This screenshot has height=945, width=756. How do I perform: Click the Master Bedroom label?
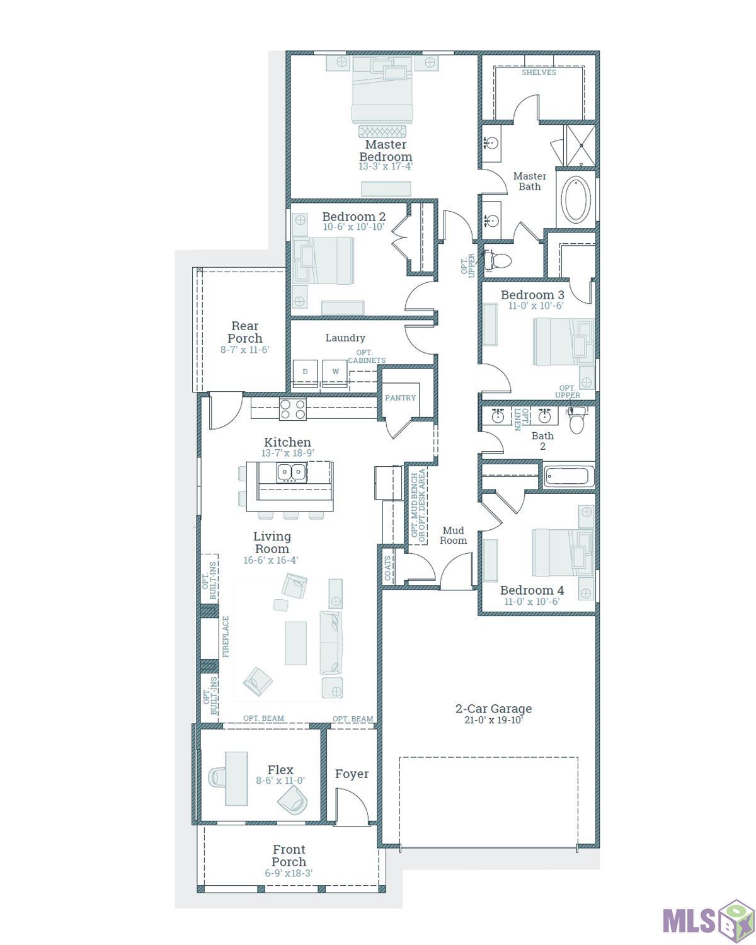click(386, 151)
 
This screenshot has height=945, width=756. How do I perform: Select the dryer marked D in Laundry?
click(306, 372)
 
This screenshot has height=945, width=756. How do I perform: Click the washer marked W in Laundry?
click(335, 372)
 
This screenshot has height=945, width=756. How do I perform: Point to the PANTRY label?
click(401, 398)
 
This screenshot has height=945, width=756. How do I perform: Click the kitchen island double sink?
click(291, 471)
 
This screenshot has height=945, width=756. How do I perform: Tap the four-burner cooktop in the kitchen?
click(293, 409)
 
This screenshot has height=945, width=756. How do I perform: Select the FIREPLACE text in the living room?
click(226, 637)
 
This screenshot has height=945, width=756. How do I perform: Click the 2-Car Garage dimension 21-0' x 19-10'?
click(493, 720)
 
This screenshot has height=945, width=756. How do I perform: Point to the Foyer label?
click(352, 774)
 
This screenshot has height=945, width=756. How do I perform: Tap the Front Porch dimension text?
click(289, 873)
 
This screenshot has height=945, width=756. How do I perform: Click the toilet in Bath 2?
click(576, 421)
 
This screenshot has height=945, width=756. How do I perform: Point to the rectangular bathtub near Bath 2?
click(569, 476)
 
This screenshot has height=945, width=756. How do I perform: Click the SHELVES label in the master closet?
click(539, 72)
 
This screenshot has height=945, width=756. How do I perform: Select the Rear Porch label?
click(245, 331)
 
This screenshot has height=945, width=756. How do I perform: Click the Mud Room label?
click(453, 535)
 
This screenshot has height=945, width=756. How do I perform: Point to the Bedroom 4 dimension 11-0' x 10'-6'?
click(532, 602)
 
